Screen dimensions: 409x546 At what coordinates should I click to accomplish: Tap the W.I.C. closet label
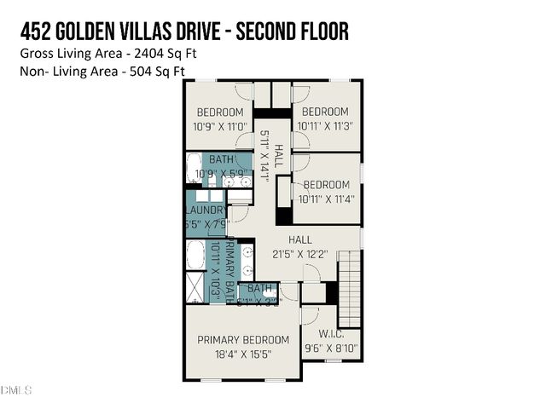[x=330, y=333]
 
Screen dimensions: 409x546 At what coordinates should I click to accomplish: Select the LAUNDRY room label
[x=206, y=210]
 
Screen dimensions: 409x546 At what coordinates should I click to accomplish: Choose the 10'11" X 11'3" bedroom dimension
[x=325, y=125]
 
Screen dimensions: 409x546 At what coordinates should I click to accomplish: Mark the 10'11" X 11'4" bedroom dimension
[x=326, y=199]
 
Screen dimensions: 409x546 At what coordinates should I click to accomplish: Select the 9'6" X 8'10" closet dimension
[x=330, y=348]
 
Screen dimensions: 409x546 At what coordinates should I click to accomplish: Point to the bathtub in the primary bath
[x=195, y=255]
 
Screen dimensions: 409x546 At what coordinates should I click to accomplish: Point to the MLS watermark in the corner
[x=16, y=390]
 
